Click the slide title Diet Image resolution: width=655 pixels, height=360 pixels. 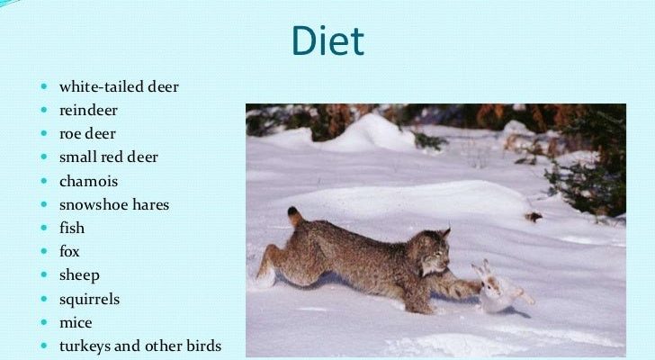[x=327, y=40]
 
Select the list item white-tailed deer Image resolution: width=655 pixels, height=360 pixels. [x=119, y=86]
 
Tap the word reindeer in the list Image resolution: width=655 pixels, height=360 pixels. [x=88, y=111]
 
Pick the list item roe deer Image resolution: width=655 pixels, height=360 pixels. [x=87, y=133]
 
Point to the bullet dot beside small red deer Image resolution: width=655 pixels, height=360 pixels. [x=44, y=157]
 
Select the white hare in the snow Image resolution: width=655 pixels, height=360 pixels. [x=499, y=288]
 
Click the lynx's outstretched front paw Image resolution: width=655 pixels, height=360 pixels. [x=470, y=287]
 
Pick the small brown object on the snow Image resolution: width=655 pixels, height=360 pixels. [x=534, y=216]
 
